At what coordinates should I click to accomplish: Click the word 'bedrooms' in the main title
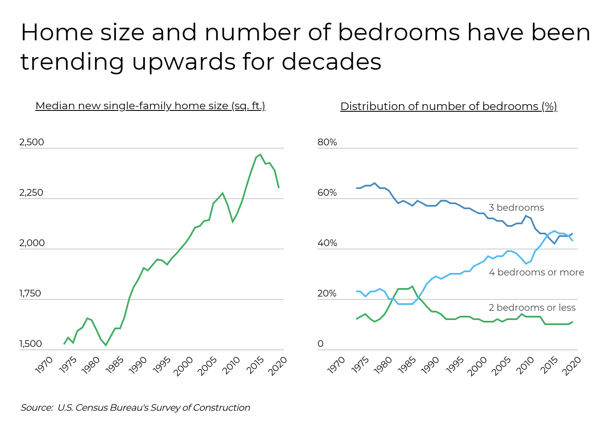click(399, 33)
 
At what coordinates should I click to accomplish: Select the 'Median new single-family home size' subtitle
click(150, 106)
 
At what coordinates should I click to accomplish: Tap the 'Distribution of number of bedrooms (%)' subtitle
click(448, 107)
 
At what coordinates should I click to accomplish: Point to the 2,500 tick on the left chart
click(31, 142)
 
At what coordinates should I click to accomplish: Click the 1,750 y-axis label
click(30, 294)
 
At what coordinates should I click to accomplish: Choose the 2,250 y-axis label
click(31, 193)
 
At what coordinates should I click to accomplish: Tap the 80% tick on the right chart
click(327, 142)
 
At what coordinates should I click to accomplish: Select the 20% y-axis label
click(327, 294)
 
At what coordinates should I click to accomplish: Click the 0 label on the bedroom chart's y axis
click(320, 344)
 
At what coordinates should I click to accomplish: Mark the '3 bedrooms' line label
click(516, 208)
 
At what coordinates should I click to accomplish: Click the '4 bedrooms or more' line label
click(536, 273)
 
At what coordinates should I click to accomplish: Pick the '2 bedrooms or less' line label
click(532, 308)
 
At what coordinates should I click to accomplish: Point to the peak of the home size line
click(260, 155)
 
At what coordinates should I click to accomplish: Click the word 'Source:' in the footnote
click(37, 408)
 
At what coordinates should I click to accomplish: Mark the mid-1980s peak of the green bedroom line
click(412, 286)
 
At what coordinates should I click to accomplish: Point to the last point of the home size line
click(279, 188)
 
